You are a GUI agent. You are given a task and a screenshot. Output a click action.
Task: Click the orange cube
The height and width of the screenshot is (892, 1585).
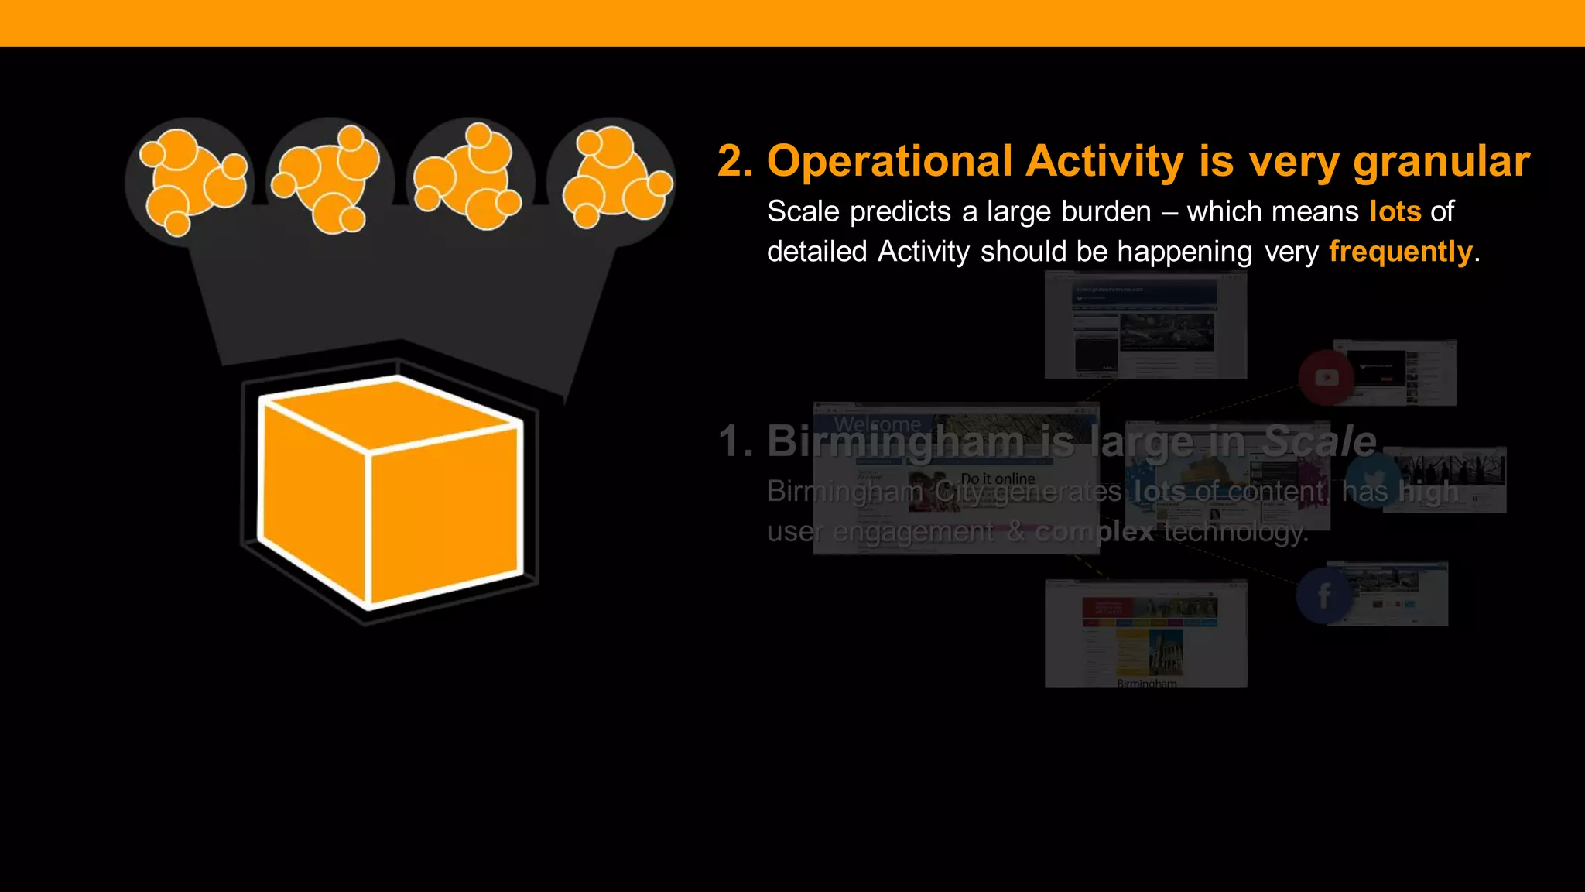click(390, 492)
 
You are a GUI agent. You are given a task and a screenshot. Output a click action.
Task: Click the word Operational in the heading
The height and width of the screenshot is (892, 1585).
click(889, 162)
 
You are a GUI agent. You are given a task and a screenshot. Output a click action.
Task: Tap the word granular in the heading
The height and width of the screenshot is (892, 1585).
click(1441, 162)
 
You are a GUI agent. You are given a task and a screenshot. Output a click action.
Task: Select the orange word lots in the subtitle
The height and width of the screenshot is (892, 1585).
click(1395, 211)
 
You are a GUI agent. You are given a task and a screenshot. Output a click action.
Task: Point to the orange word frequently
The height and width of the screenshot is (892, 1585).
click(1400, 252)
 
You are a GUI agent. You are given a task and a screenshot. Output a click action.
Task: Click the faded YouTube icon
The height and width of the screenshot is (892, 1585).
click(1327, 378)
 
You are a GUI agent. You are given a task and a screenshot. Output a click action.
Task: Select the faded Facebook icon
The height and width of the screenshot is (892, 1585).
click(1324, 595)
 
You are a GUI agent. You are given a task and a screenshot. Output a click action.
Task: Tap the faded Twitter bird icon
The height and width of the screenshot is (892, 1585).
click(1371, 480)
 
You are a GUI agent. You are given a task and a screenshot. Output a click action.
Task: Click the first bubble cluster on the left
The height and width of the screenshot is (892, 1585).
click(190, 183)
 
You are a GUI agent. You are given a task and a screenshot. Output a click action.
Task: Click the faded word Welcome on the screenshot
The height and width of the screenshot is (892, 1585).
click(878, 424)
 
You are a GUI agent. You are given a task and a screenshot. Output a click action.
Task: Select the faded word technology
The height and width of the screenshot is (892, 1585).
click(1235, 532)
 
